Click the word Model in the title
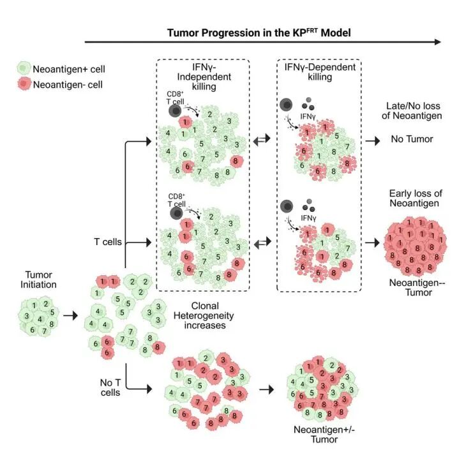click(x=336, y=33)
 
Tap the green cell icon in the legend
click(x=24, y=68)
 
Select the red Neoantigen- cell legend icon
click(x=24, y=84)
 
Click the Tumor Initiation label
click(x=38, y=280)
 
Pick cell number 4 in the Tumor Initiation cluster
click(x=40, y=319)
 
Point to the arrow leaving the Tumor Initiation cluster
click(x=70, y=315)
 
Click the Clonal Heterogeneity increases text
click(x=204, y=315)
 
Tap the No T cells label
click(x=110, y=387)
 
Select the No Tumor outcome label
click(x=412, y=139)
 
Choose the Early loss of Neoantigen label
click(x=416, y=199)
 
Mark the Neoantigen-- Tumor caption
click(x=417, y=287)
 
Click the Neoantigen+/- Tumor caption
click(x=324, y=434)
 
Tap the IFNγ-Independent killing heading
click(x=204, y=77)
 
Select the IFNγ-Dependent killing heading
click(x=320, y=72)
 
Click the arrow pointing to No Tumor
click(x=373, y=140)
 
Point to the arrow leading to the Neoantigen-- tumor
click(x=373, y=243)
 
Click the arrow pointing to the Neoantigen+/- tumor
click(x=267, y=389)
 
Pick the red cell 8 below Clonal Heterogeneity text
click(x=158, y=347)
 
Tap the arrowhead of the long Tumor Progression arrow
click(x=438, y=42)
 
